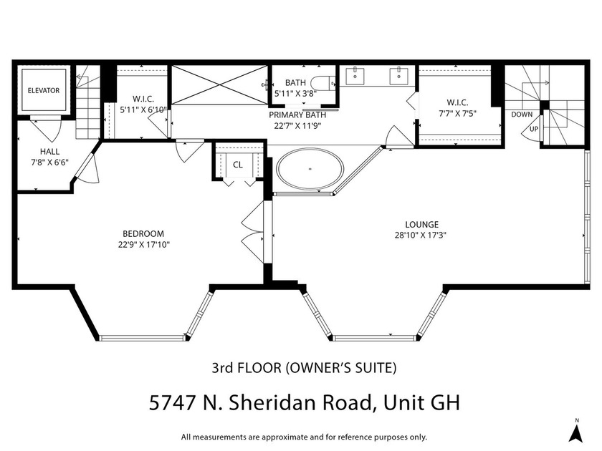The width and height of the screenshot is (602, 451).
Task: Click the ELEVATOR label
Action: click(44, 91)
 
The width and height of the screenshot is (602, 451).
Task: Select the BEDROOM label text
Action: click(143, 233)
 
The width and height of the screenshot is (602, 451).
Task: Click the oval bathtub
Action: click(310, 170)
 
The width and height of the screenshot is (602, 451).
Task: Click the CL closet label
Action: click(238, 165)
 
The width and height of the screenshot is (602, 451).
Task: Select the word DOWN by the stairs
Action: click(522, 115)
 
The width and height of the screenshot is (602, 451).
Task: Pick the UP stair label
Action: click(534, 129)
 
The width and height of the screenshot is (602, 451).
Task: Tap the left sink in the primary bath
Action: click(355, 75)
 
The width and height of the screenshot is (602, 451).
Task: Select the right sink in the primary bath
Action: click(398, 75)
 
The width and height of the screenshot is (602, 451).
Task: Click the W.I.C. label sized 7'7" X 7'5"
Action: click(458, 102)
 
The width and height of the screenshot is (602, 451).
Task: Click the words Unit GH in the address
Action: click(423, 403)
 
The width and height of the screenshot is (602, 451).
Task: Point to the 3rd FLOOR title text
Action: click(247, 369)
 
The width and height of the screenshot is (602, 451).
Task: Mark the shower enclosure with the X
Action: click(219, 86)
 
